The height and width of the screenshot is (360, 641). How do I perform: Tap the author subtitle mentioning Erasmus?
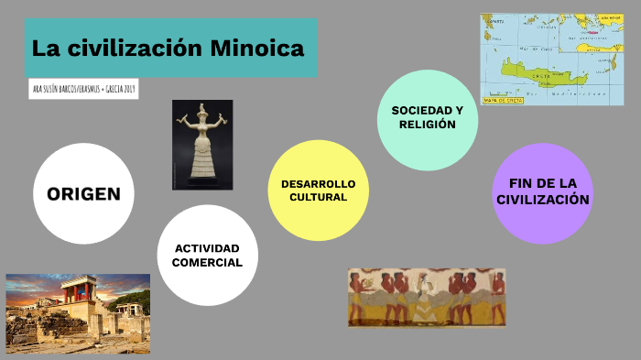click(x=83, y=90)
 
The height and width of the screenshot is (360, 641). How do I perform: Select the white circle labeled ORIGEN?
click(x=83, y=193)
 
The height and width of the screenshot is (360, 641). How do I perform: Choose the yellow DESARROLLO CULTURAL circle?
click(x=318, y=190)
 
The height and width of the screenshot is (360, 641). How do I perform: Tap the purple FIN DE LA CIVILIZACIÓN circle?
click(x=543, y=192)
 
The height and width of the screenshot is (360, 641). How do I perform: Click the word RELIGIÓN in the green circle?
click(x=428, y=125)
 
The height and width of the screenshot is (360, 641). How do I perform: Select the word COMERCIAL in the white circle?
click(x=208, y=262)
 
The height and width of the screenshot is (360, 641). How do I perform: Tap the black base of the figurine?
click(x=202, y=183)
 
